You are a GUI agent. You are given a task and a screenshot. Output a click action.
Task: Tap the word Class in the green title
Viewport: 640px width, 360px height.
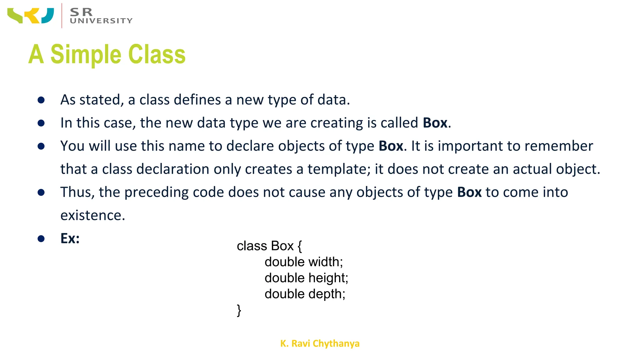pos(157,54)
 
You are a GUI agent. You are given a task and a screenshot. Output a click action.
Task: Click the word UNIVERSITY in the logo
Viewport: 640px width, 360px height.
pos(101,21)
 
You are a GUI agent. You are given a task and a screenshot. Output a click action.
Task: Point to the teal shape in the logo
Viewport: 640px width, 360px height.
pos(48,16)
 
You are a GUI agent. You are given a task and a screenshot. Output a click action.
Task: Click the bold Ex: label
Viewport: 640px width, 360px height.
pos(70,238)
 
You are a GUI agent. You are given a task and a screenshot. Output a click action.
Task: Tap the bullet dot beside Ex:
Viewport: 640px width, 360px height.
pos(41,239)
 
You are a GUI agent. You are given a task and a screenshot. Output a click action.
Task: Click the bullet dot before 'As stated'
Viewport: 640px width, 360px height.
pos(41,100)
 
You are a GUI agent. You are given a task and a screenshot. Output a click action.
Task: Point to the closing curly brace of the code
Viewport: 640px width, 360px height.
pos(239,310)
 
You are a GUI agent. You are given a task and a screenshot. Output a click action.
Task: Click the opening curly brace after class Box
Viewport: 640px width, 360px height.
pos(300,246)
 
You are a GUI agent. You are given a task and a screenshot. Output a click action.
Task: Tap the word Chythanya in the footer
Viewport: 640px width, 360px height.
pos(336,343)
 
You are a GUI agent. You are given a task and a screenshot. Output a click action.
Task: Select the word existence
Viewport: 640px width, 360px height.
pos(92,215)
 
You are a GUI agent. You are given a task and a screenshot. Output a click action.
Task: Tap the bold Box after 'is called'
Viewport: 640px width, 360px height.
pos(435,123)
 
